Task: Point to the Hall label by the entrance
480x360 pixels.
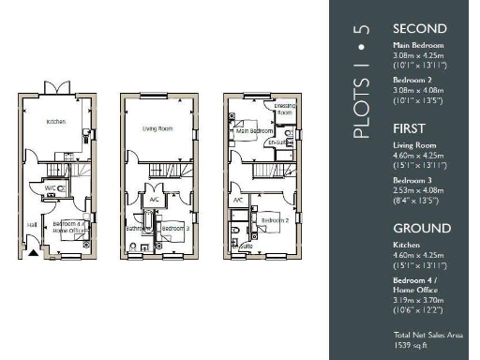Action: coord(32,224)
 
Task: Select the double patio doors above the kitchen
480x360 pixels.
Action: coord(58,87)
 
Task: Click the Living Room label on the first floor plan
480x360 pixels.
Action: coord(158,129)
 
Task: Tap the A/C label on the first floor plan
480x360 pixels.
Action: coord(153,200)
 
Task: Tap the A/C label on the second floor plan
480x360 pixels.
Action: coord(239,200)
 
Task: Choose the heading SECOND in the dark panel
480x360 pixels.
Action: coord(420,29)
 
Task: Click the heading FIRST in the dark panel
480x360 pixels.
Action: coord(409,128)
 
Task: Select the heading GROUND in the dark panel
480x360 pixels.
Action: coord(422,228)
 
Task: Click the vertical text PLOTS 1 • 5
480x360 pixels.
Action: coord(362,82)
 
